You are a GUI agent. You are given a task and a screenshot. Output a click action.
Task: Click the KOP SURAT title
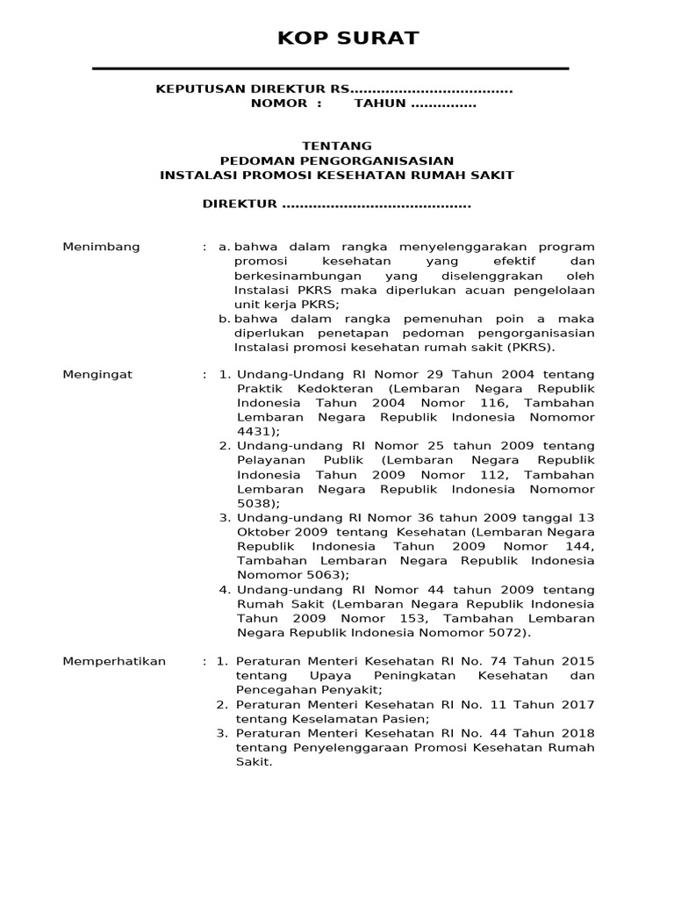pyautogui.click(x=336, y=38)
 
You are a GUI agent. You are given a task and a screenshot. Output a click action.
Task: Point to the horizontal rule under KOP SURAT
pyautogui.click(x=331, y=68)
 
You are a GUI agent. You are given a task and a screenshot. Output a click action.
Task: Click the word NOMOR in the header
pyautogui.click(x=279, y=104)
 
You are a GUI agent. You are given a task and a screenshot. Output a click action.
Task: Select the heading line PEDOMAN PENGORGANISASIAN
pyautogui.click(x=337, y=161)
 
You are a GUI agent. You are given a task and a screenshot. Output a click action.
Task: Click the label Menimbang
pyautogui.click(x=101, y=247)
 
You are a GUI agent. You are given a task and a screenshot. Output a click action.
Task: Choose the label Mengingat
pyautogui.click(x=97, y=374)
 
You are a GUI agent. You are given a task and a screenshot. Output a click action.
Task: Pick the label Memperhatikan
pyautogui.click(x=114, y=661)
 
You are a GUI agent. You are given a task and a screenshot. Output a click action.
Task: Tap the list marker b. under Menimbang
pyautogui.click(x=225, y=318)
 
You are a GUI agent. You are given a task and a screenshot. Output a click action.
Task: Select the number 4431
pyautogui.click(x=255, y=432)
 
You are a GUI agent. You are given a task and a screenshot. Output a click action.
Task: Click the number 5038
pyautogui.click(x=255, y=503)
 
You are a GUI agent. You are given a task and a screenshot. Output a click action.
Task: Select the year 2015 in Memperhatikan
pyautogui.click(x=577, y=661)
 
